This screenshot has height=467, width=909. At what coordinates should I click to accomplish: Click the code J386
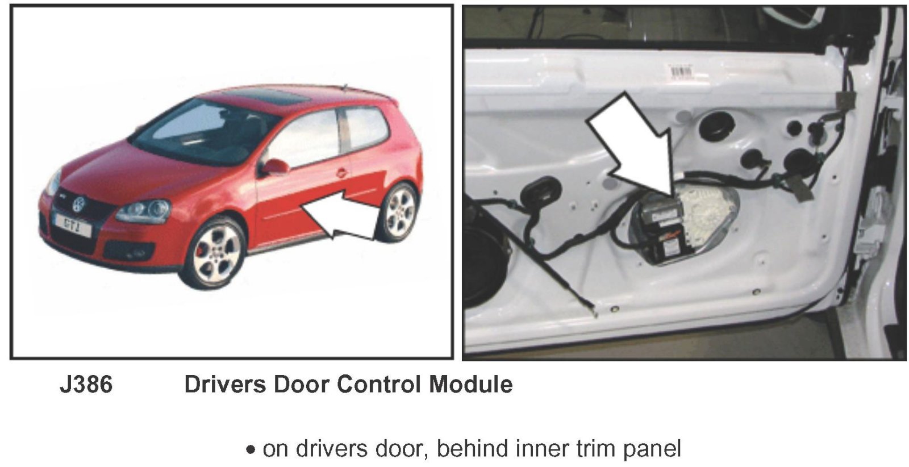point(86,384)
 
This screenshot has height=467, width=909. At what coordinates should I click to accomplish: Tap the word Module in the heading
point(471,384)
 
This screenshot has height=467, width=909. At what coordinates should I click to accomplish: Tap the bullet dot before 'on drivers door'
point(251,450)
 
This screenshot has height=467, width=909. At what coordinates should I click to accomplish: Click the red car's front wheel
point(214,254)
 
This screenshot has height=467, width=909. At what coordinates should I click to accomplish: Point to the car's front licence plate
point(73,225)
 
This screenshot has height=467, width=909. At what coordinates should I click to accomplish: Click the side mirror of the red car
point(275,167)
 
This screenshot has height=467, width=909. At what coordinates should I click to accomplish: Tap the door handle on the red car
point(341,173)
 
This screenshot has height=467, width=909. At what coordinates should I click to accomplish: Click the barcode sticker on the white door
point(682,72)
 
